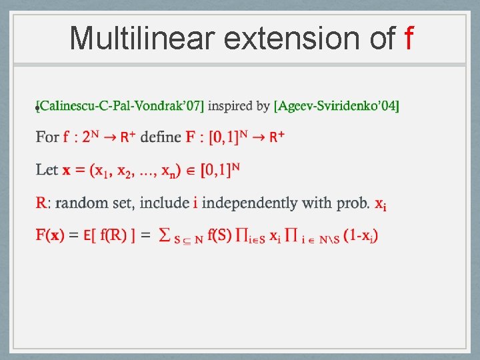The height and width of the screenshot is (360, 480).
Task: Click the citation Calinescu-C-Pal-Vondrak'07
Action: coord(121,105)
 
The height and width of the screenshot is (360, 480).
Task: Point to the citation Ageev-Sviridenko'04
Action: coord(337,105)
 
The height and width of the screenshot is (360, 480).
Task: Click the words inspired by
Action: coord(239,105)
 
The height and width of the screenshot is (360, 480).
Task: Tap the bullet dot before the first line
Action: coord(37,108)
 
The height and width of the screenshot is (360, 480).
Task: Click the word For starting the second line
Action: coord(48,137)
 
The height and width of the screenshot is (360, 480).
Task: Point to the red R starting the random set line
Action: coord(41,202)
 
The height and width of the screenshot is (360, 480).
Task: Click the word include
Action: coord(164,202)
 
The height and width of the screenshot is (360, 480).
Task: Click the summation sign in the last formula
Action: coord(166,235)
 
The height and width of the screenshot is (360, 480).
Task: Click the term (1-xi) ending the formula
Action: coord(361,235)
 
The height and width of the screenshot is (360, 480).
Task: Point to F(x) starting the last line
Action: coord(51,235)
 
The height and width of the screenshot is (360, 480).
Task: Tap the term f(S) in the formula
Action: coord(220,235)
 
